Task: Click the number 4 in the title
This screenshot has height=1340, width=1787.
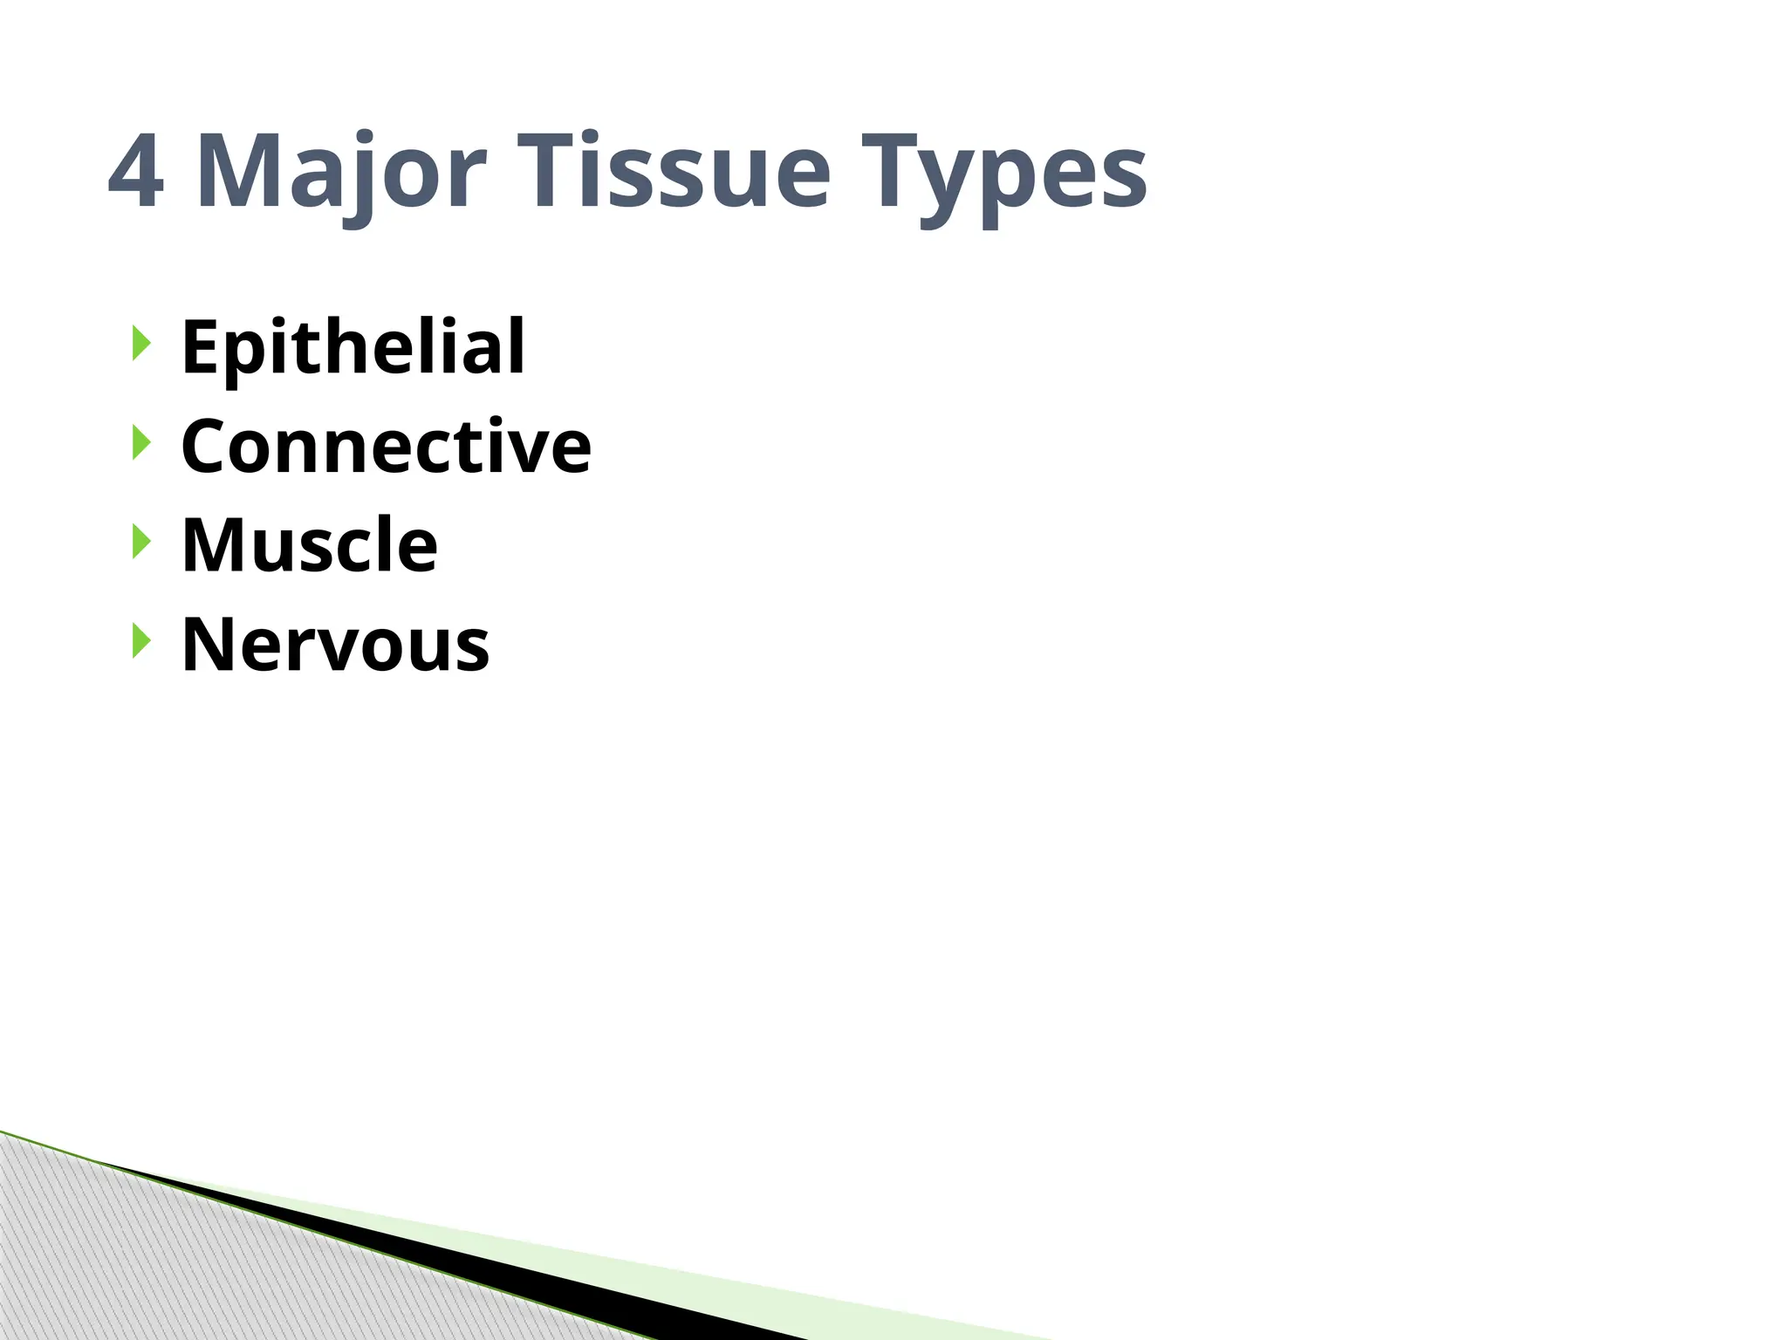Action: click(x=136, y=172)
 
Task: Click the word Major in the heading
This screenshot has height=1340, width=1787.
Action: click(x=340, y=172)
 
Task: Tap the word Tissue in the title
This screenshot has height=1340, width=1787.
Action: click(x=673, y=172)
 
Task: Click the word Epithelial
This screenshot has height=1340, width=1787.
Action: click(x=353, y=347)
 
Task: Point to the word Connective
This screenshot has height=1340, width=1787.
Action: click(x=386, y=447)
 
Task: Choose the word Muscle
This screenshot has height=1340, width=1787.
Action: click(x=309, y=545)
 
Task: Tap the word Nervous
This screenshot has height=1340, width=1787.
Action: click(x=335, y=645)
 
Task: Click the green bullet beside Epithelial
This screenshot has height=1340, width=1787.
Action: click(x=140, y=343)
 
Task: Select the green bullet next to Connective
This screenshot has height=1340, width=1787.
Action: click(x=140, y=442)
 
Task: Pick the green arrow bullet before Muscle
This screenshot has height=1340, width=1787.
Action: click(x=140, y=542)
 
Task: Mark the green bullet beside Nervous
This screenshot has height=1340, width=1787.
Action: click(x=140, y=641)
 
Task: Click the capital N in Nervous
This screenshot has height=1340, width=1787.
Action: click(x=209, y=645)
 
